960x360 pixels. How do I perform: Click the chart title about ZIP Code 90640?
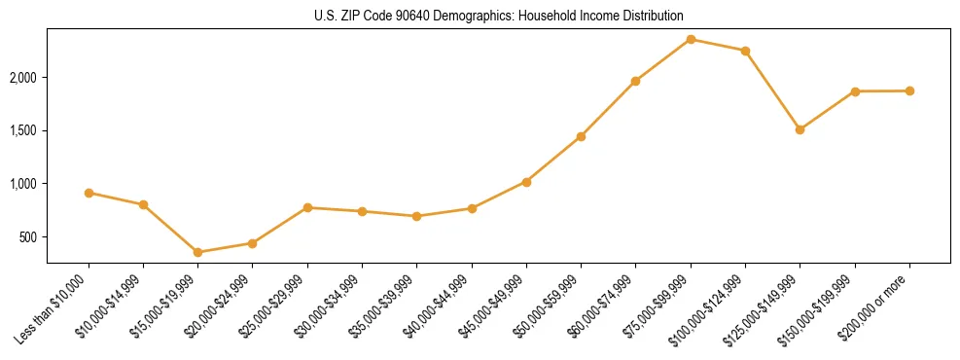point(499,17)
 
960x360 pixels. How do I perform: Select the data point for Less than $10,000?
point(89,193)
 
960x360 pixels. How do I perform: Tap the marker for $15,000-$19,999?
point(198,252)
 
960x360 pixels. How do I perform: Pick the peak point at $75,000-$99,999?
point(691,39)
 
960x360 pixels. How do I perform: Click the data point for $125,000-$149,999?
point(800,129)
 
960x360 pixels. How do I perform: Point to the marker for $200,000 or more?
point(909,90)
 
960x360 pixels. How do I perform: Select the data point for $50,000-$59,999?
point(581,136)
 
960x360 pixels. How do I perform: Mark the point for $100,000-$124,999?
point(745,51)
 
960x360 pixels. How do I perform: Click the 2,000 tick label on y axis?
point(23,78)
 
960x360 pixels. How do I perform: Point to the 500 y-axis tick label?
point(29,237)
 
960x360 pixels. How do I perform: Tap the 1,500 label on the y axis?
point(23,131)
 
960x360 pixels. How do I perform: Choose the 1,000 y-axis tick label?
point(23,184)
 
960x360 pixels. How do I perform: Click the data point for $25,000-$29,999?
point(307,207)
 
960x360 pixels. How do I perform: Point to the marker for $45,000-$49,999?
point(526,182)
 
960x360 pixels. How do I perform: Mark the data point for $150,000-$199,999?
point(855,91)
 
